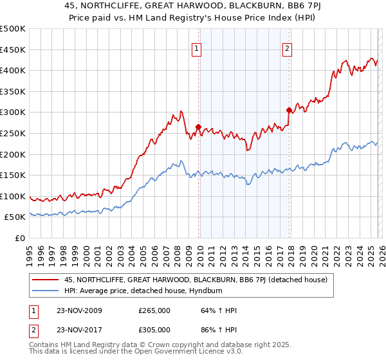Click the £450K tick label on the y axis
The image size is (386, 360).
[13, 50]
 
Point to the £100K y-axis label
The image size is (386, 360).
[13, 197]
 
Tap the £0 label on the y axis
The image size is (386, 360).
[20, 239]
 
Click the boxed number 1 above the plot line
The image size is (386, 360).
[196, 47]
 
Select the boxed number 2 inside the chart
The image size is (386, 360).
[287, 47]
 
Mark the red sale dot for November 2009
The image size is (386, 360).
[198, 127]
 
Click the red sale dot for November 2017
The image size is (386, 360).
[289, 110]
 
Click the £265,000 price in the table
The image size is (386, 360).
[154, 310]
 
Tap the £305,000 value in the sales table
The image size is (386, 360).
[154, 330]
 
